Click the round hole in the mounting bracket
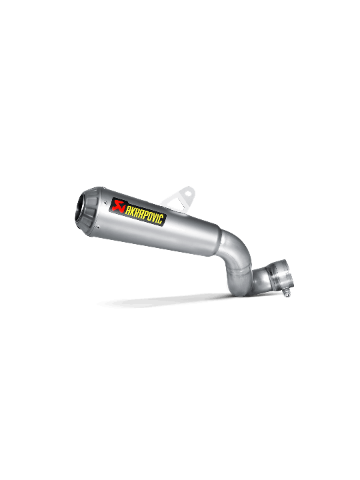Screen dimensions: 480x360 (x=188, y=194)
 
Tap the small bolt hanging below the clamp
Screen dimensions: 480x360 (x=286, y=294)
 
